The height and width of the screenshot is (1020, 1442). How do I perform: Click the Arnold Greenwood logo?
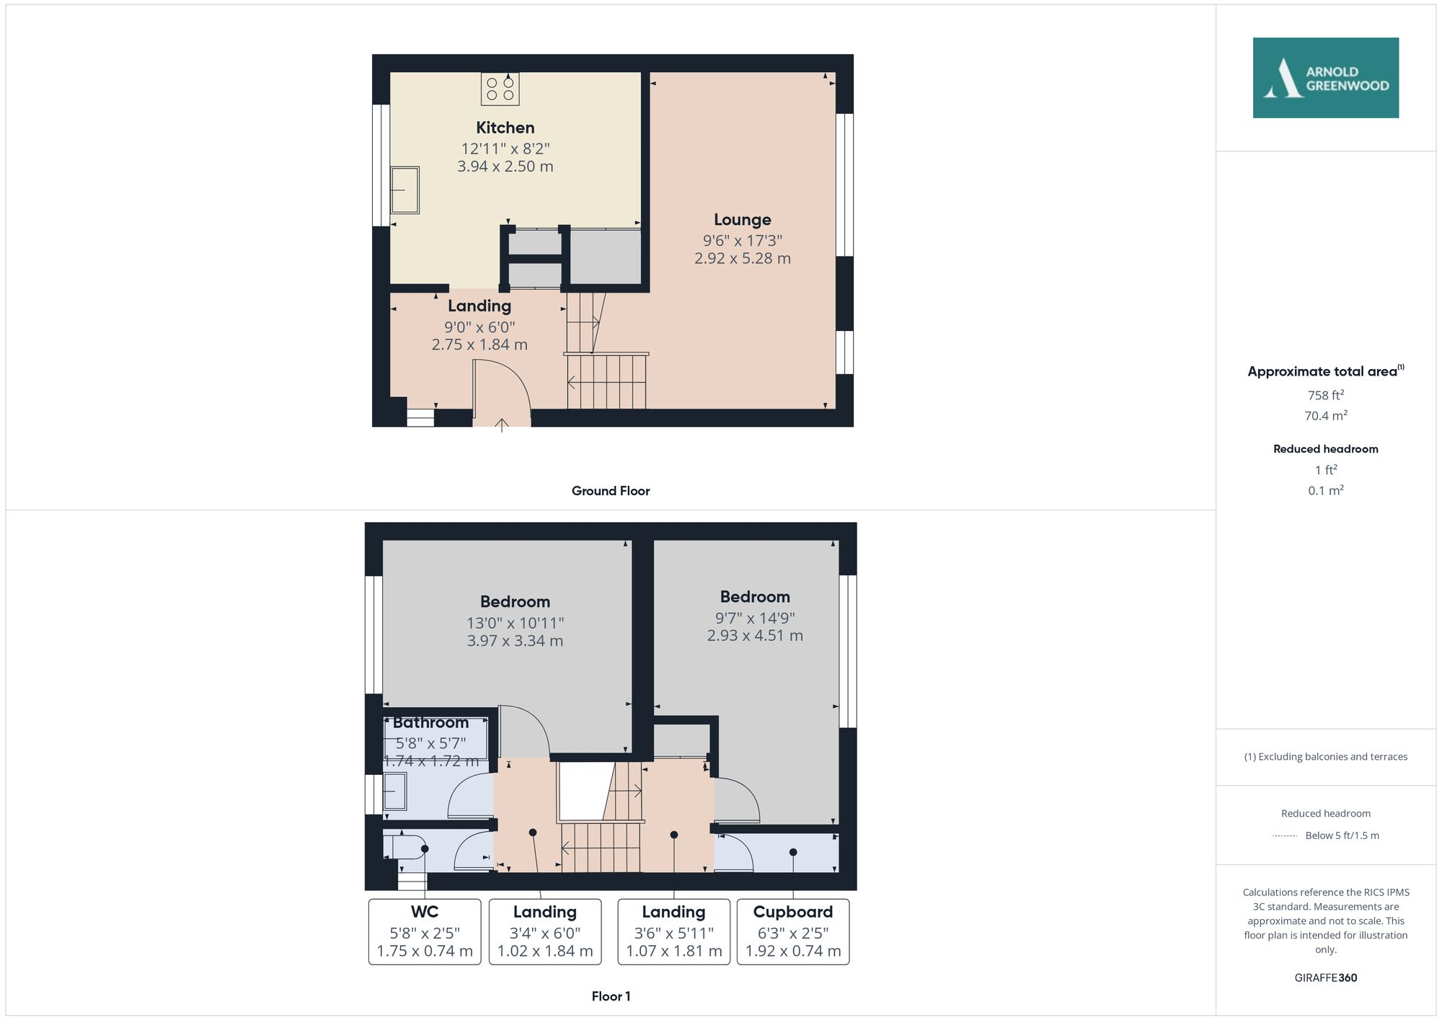click(x=1325, y=78)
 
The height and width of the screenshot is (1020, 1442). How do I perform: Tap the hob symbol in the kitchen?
click(x=500, y=89)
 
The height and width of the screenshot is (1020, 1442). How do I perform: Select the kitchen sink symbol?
click(x=404, y=190)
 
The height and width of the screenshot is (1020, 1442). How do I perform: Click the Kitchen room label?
click(x=505, y=128)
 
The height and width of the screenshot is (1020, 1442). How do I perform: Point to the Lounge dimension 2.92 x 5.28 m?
click(x=742, y=258)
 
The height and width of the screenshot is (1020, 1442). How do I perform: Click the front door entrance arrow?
click(x=502, y=425)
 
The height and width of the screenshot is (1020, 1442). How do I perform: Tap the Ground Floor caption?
click(x=610, y=491)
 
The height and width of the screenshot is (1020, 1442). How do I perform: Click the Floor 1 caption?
click(x=610, y=996)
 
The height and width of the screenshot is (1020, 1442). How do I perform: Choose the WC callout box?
click(x=425, y=931)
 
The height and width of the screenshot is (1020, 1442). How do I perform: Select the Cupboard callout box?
click(x=792, y=931)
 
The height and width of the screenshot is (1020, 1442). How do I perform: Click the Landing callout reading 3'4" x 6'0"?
click(x=544, y=931)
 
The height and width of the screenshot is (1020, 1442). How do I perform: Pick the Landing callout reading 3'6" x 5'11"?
click(x=673, y=931)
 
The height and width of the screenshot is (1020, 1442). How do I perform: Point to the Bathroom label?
click(x=430, y=722)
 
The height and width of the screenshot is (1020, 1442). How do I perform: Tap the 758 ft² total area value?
click(x=1325, y=395)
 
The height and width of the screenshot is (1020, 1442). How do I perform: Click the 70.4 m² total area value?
click(x=1325, y=416)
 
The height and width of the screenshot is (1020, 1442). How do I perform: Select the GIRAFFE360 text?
click(x=1325, y=977)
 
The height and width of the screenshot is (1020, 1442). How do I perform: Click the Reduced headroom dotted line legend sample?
click(x=1285, y=836)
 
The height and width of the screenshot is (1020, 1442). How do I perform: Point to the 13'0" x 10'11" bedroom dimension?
click(x=515, y=623)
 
